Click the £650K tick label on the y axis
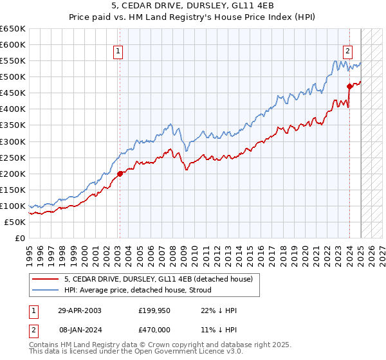click(13, 29)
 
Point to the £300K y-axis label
click(13, 141)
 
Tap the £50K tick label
click(15, 222)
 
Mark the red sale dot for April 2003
click(120, 173)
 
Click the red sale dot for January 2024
click(349, 86)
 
